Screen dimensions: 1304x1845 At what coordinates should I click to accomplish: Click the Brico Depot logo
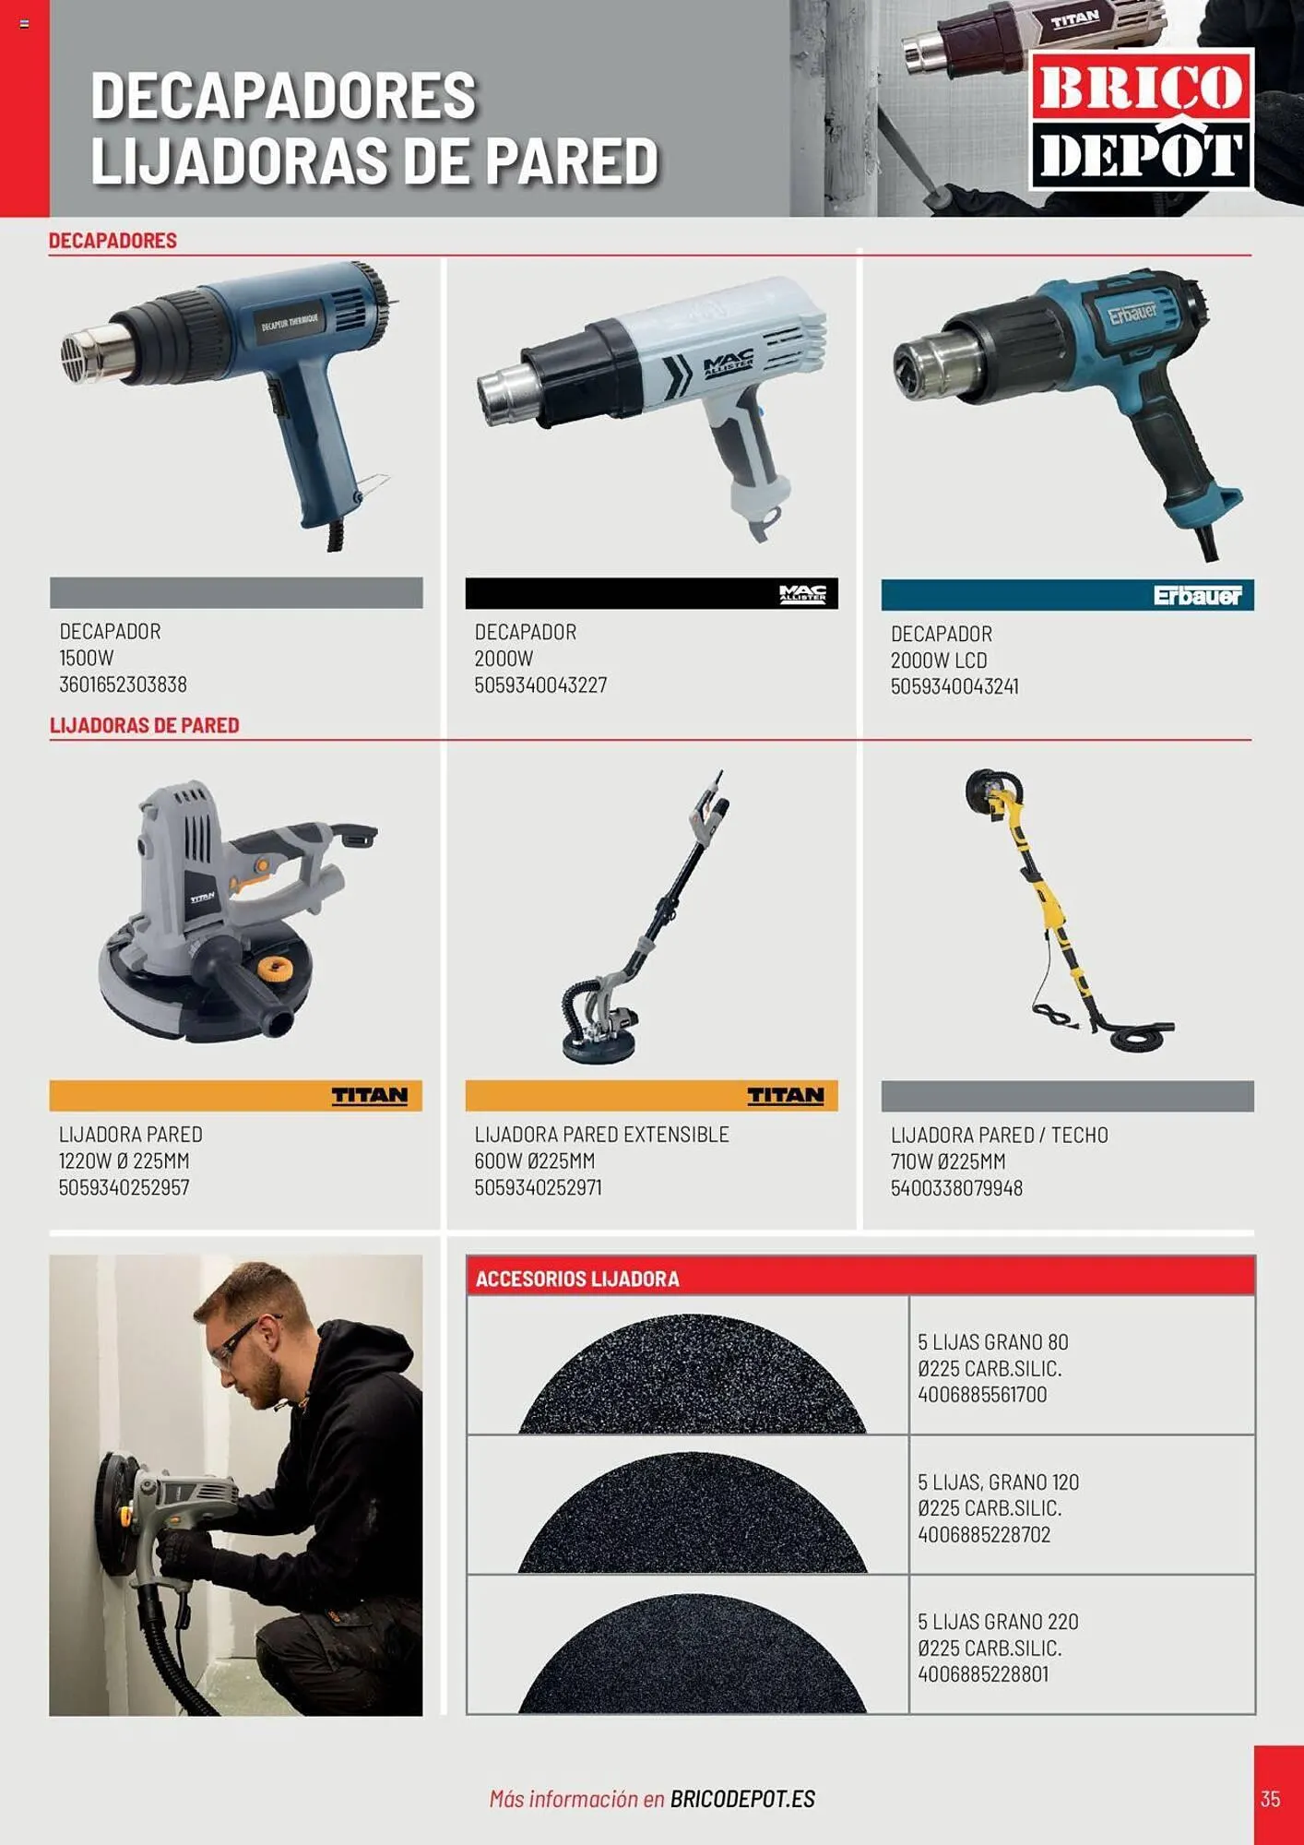click(x=1141, y=120)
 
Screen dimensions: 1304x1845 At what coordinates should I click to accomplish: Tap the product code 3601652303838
click(x=123, y=684)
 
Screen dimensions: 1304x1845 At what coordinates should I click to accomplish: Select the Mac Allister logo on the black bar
click(x=802, y=594)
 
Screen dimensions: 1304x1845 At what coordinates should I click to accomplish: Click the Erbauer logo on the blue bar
click(x=1197, y=596)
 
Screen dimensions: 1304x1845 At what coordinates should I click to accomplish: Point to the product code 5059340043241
click(x=954, y=686)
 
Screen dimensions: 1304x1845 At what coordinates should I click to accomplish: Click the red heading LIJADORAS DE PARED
click(x=144, y=725)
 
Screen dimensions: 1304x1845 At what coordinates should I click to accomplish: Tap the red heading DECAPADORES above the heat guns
click(x=113, y=241)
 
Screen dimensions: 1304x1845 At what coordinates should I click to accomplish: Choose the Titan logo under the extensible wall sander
click(x=785, y=1095)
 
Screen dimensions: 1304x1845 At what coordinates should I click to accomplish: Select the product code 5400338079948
click(x=956, y=1188)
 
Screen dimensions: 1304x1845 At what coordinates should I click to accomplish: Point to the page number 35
click(x=1270, y=1798)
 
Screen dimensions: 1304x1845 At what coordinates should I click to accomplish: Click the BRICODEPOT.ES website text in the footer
click(x=742, y=1798)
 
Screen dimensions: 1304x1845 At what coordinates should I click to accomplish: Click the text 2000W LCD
click(x=939, y=661)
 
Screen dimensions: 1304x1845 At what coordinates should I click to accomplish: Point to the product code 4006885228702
click(x=984, y=1534)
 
